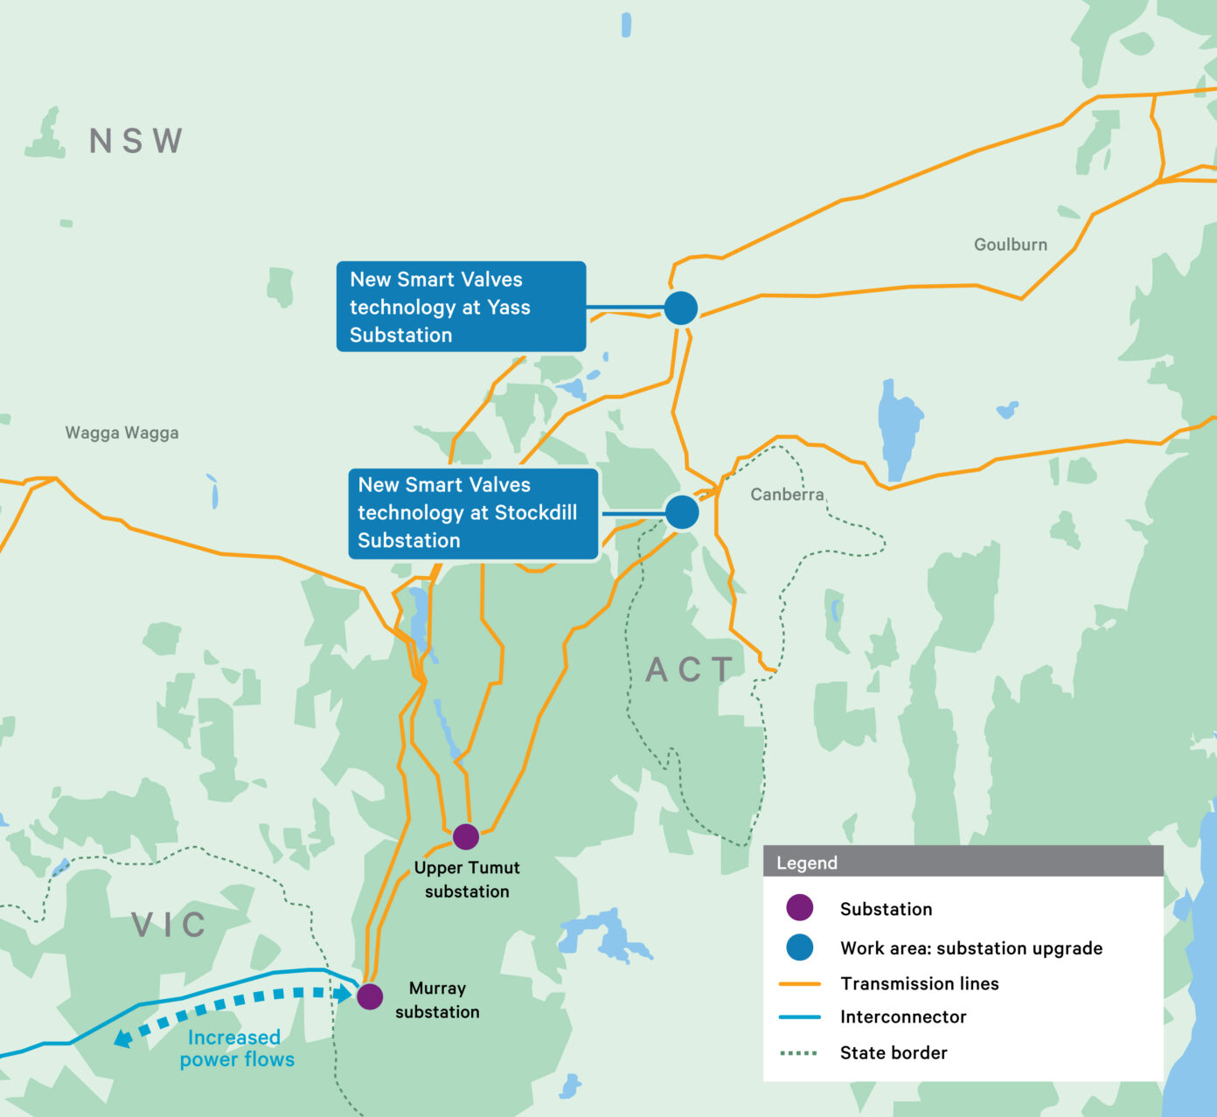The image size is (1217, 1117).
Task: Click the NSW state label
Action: [x=136, y=141]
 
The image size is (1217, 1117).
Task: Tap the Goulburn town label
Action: [x=1010, y=245]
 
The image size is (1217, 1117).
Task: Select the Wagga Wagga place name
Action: [x=122, y=433]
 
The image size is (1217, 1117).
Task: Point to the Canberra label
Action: [x=787, y=495]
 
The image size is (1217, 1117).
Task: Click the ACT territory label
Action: [x=690, y=670]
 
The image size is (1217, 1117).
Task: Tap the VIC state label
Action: [x=169, y=925]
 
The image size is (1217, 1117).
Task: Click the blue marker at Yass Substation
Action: [x=680, y=309]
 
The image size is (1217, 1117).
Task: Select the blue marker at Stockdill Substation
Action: [x=682, y=512]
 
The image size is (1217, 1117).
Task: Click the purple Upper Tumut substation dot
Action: [x=466, y=836]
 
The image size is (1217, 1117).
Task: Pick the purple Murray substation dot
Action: [x=370, y=996]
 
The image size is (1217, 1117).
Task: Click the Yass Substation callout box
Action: [x=461, y=307]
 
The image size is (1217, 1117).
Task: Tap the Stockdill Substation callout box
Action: [x=473, y=513]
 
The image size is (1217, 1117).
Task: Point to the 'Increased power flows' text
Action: [x=236, y=1049]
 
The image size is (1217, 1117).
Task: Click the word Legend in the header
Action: [x=806, y=863]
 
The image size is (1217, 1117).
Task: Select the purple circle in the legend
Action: [x=799, y=908]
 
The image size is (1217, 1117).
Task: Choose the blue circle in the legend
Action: [x=799, y=947]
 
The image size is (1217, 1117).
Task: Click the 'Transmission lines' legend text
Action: [x=919, y=983]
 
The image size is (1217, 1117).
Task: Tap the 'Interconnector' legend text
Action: [x=902, y=1016]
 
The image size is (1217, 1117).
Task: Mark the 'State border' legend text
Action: [x=893, y=1052]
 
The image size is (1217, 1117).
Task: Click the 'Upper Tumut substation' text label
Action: [x=467, y=879]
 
